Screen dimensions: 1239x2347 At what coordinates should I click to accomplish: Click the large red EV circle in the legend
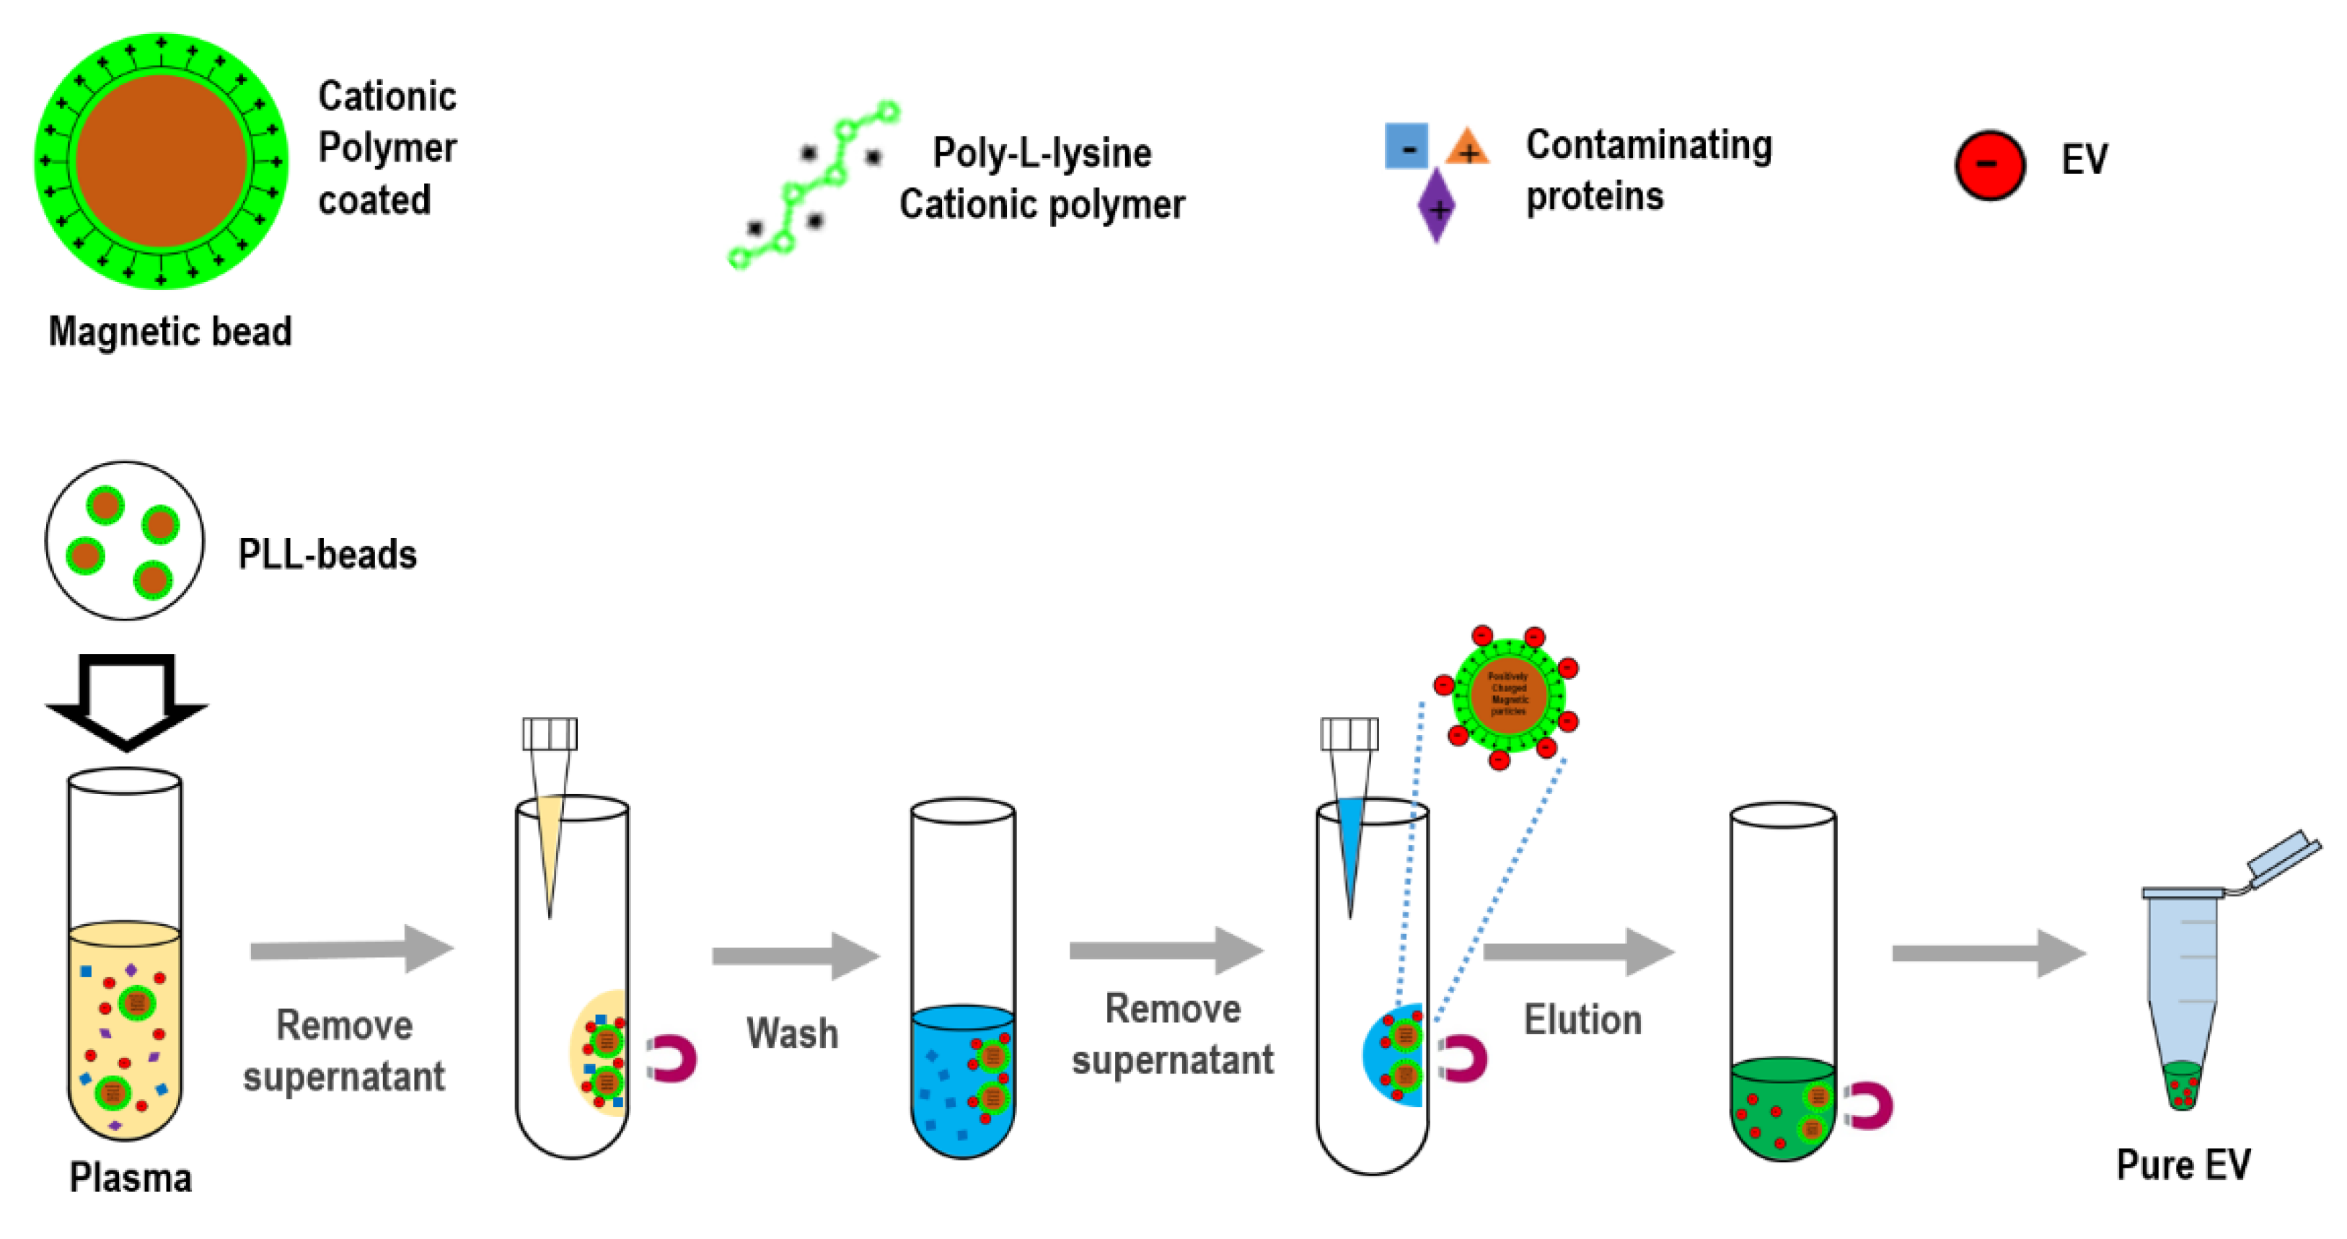click(x=1989, y=165)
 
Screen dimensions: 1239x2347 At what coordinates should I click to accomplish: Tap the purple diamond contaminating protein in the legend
click(x=1436, y=206)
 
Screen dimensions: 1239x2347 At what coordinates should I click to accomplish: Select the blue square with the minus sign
click(x=1406, y=146)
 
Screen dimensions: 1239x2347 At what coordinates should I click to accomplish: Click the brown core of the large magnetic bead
click(x=162, y=162)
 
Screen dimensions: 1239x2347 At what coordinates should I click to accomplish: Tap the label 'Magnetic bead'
click(x=169, y=331)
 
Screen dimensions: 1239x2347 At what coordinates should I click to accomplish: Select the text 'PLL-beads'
click(x=327, y=554)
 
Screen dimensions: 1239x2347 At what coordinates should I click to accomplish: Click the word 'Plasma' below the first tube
click(x=131, y=1178)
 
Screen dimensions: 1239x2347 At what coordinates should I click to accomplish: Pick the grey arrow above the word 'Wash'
click(x=796, y=956)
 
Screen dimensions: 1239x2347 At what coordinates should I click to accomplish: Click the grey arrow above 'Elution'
click(x=1578, y=952)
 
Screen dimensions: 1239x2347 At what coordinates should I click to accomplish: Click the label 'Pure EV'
click(x=2183, y=1164)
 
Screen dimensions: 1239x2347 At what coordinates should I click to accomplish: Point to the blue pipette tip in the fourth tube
click(x=1350, y=856)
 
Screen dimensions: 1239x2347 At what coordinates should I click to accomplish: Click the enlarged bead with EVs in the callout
click(x=1508, y=695)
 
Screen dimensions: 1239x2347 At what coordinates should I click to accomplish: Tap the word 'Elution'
click(x=1582, y=1020)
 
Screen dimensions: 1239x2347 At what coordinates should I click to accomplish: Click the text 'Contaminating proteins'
click(x=1648, y=170)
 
